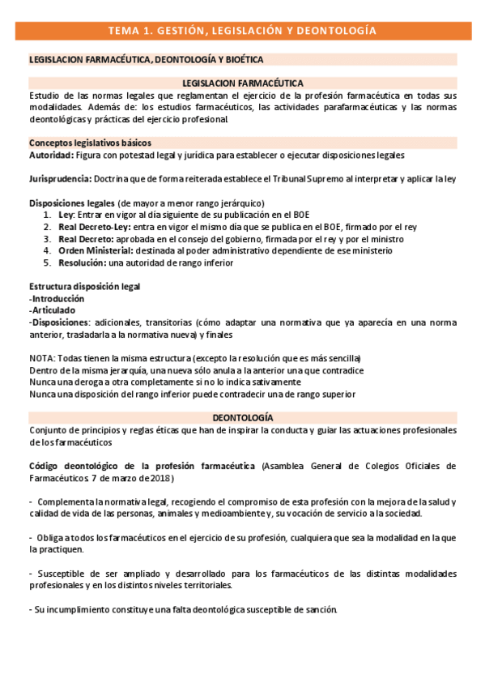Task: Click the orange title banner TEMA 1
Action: pyautogui.click(x=242, y=32)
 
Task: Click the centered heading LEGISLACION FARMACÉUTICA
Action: pyautogui.click(x=242, y=83)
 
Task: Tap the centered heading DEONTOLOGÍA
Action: pyautogui.click(x=242, y=417)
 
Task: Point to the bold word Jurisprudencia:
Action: pyautogui.click(x=60, y=178)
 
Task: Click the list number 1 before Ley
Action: pyautogui.click(x=46, y=216)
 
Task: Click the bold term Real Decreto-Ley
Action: pyautogui.click(x=92, y=228)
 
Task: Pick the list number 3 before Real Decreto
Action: pyautogui.click(x=46, y=240)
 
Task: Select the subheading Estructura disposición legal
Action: pyautogui.click(x=84, y=287)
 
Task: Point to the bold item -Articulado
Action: pyautogui.click(x=52, y=310)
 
